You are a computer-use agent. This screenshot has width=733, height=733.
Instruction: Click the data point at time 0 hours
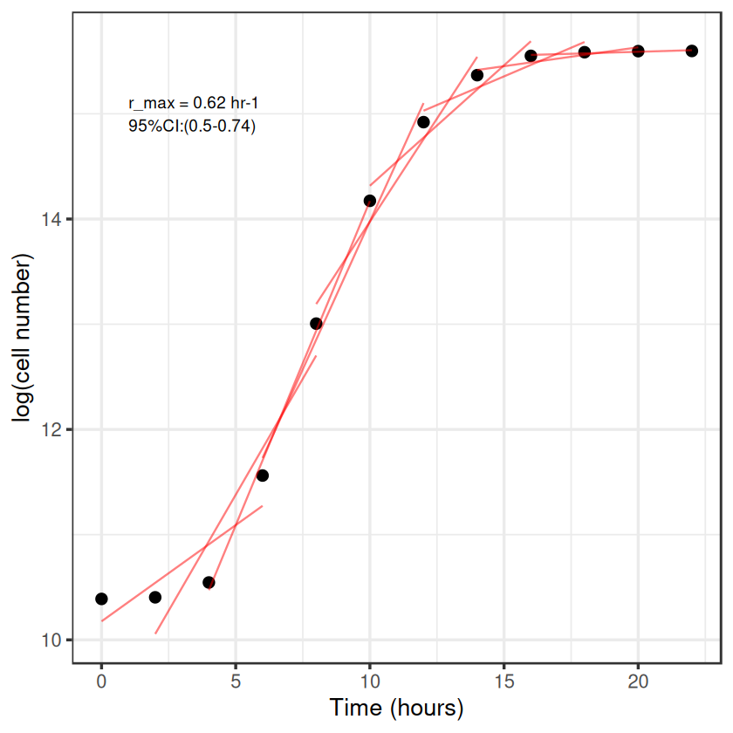pyautogui.click(x=101, y=599)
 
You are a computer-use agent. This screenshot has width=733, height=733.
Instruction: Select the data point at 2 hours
pyautogui.click(x=155, y=597)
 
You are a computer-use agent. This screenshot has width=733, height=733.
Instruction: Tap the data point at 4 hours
pyautogui.click(x=209, y=582)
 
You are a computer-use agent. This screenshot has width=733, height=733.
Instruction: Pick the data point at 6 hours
pyautogui.click(x=263, y=476)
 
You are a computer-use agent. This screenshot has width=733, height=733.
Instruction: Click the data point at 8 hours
pyautogui.click(x=316, y=324)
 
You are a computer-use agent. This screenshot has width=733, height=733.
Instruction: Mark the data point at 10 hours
pyautogui.click(x=370, y=201)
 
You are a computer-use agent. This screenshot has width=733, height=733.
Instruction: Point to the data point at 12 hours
pyautogui.click(x=423, y=122)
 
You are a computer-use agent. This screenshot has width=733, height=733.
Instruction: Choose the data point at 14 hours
pyautogui.click(x=477, y=75)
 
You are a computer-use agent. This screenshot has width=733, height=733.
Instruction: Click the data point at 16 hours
pyautogui.click(x=531, y=56)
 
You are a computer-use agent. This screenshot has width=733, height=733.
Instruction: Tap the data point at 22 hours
pyautogui.click(x=692, y=51)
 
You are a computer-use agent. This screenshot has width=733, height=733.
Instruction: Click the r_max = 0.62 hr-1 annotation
pyautogui.click(x=193, y=104)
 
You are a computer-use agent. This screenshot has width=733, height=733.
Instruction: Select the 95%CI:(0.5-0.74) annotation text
pyautogui.click(x=192, y=127)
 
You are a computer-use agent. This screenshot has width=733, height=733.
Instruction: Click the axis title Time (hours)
pyautogui.click(x=396, y=708)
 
